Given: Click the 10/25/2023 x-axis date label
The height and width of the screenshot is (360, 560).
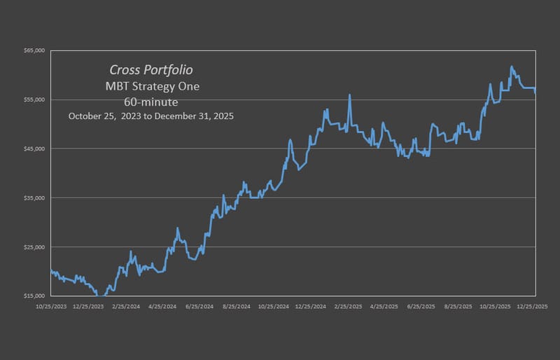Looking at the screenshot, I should (51, 306).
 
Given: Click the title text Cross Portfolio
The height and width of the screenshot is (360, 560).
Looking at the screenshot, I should (151, 70).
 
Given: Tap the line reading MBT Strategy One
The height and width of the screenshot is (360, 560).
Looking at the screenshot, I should (151, 86).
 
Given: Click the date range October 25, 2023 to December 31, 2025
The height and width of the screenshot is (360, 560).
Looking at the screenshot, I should (151, 116).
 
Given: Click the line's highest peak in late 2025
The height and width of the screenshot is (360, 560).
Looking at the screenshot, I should (512, 67).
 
